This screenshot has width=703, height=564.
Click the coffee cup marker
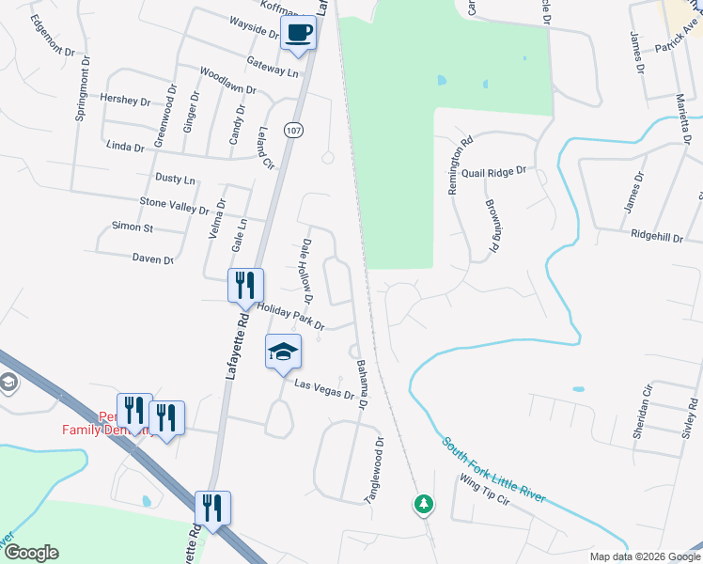pyautogui.click(x=299, y=34)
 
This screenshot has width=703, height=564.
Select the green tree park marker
pyautogui.click(x=424, y=505)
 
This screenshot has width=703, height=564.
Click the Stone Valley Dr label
pyautogui.click(x=174, y=202)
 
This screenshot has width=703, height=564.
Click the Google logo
pyautogui.click(x=30, y=553)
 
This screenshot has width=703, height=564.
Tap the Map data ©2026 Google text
pyautogui.click(x=644, y=556)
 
